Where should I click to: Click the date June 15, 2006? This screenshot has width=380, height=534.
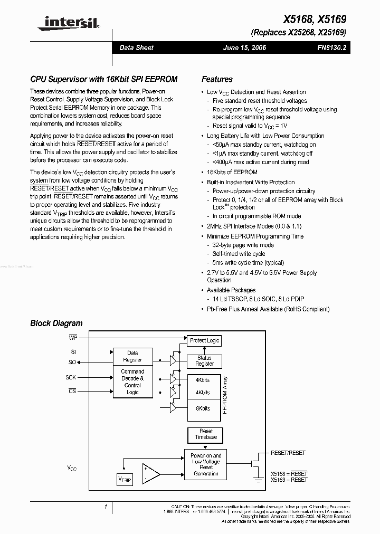point(245,47)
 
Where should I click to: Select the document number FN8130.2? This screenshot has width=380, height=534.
point(331,47)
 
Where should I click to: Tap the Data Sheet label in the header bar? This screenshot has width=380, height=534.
point(136,47)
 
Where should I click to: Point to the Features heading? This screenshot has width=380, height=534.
point(217,79)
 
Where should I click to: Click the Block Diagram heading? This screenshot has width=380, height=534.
point(56,323)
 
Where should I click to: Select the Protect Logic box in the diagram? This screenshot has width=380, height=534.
point(204,341)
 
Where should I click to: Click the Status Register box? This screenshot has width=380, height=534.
point(204,361)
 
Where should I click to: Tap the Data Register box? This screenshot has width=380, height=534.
point(132,356)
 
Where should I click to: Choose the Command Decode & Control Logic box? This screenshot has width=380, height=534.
point(132,382)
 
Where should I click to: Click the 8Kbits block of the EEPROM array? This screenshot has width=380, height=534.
point(203,408)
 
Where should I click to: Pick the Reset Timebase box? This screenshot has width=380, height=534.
point(206,434)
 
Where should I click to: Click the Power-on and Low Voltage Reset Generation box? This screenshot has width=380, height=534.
point(206,464)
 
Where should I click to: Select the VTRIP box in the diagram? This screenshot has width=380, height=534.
point(125,479)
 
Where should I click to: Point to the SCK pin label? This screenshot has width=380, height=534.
point(71,377)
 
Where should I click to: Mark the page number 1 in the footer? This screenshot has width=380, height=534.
point(106,507)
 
